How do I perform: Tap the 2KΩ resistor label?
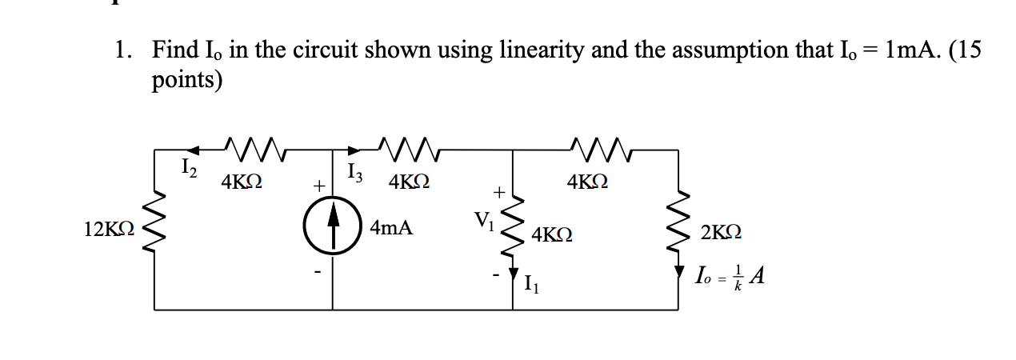click(x=721, y=233)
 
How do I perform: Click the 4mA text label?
click(x=392, y=229)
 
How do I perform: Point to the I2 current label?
click(x=185, y=168)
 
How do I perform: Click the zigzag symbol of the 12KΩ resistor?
click(x=154, y=229)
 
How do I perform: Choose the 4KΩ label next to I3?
click(x=410, y=182)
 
